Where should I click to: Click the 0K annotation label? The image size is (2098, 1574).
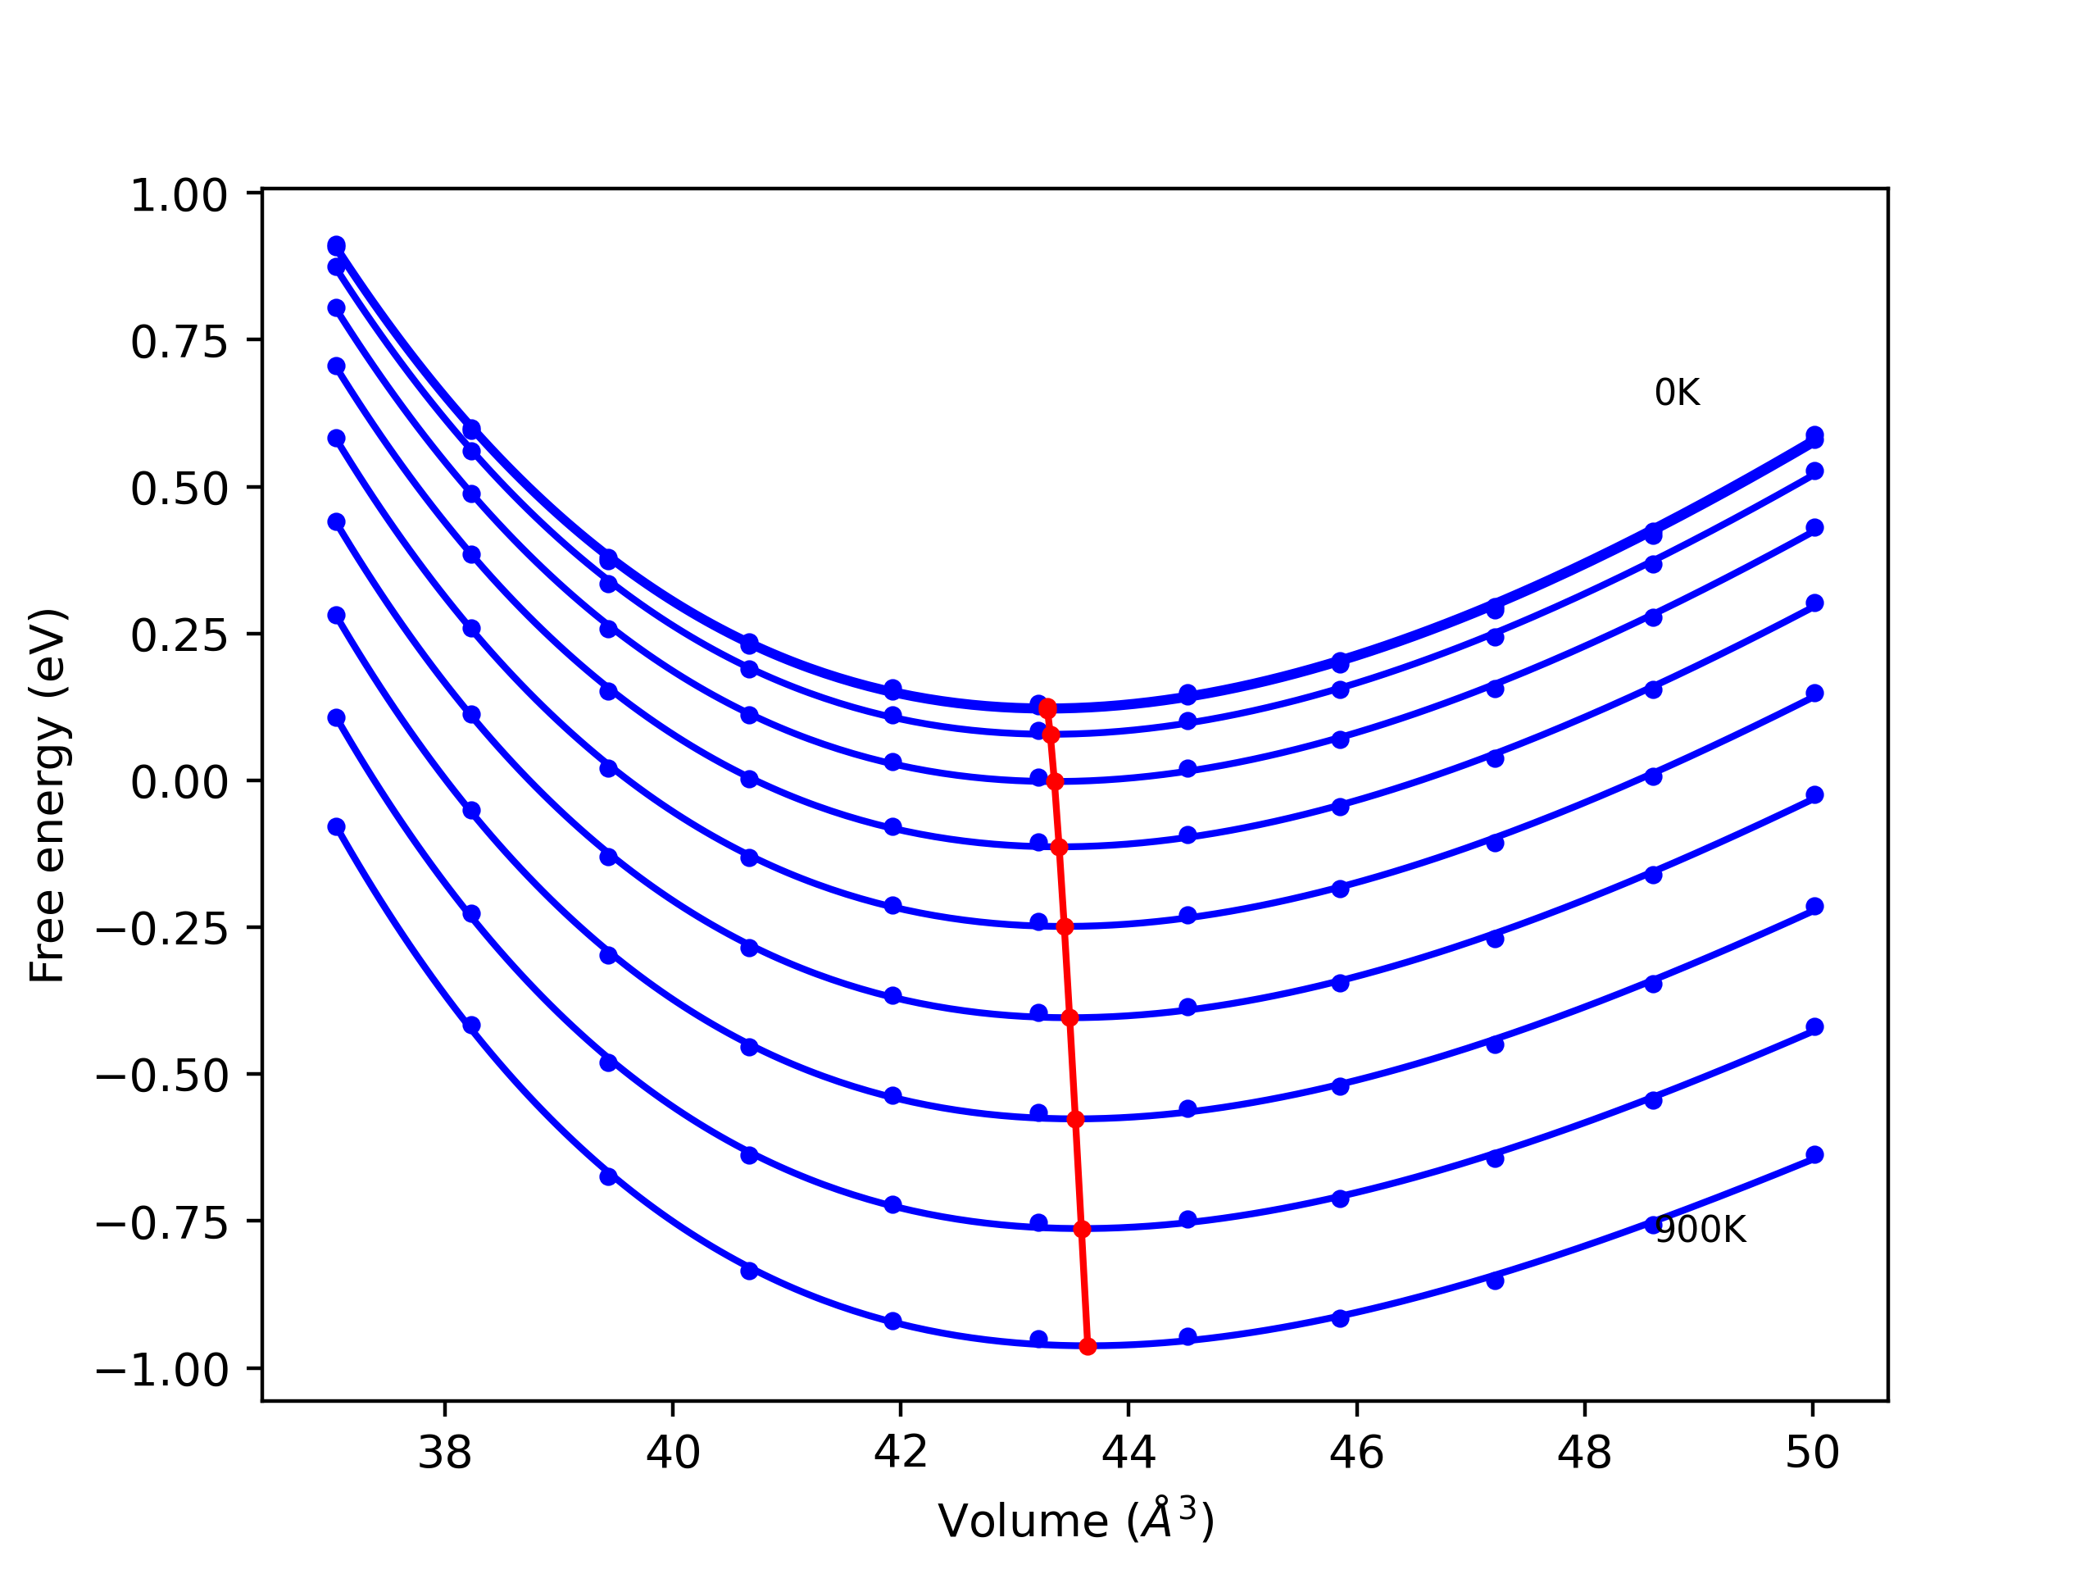click(1677, 393)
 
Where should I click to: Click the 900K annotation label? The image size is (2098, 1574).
click(1700, 1230)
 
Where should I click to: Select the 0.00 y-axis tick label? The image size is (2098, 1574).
click(179, 783)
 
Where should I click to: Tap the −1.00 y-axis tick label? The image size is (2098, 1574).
click(162, 1370)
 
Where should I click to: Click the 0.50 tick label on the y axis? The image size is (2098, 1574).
click(179, 489)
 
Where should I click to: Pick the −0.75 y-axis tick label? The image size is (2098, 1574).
click(162, 1224)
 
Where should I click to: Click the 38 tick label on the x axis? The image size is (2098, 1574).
click(445, 1453)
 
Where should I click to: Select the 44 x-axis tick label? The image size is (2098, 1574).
click(1128, 1453)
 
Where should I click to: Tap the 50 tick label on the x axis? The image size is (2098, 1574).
click(1813, 1453)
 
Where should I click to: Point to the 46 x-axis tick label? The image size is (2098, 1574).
click(1356, 1453)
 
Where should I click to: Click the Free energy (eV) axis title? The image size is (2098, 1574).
click(48, 796)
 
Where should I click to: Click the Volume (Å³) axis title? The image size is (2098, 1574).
click(1075, 1521)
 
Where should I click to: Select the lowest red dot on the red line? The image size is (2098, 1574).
click(1088, 1347)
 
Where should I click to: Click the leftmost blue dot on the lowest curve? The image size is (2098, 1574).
click(337, 827)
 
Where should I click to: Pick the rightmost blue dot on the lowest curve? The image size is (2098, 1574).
click(1814, 1154)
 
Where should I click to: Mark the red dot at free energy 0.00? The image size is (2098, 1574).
click(1055, 782)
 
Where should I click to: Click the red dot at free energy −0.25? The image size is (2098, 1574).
click(1065, 927)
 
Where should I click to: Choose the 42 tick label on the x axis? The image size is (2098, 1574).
click(900, 1453)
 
